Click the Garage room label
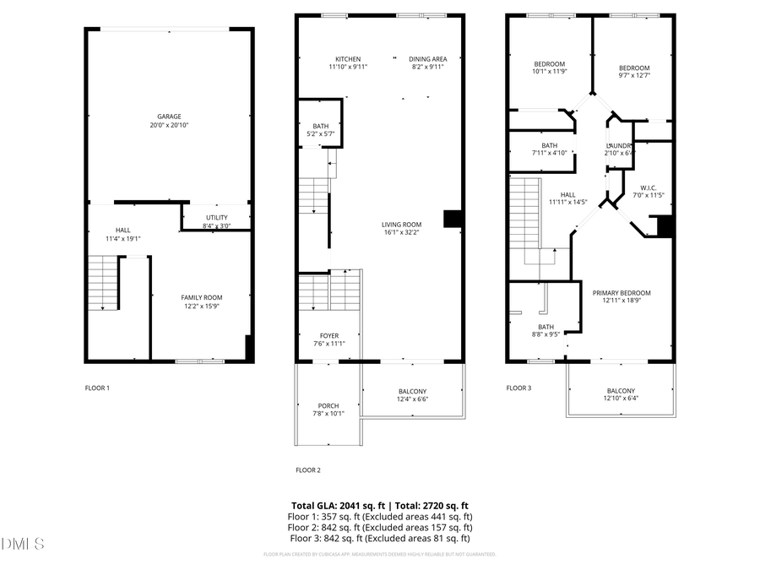pos(169,117)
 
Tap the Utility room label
pos(217,217)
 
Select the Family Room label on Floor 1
pos(202,297)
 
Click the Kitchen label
pos(348,59)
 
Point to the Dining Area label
pos(427,59)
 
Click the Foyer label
pos(328,335)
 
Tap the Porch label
pos(328,406)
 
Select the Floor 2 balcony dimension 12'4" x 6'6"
pos(412,399)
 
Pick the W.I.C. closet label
pos(649,187)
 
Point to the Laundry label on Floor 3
pos(618,145)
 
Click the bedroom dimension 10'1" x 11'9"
pos(549,73)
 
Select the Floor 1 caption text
pos(97,388)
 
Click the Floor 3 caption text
pos(518,388)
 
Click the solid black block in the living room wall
pos(453,219)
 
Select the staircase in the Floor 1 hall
pos(102,283)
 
